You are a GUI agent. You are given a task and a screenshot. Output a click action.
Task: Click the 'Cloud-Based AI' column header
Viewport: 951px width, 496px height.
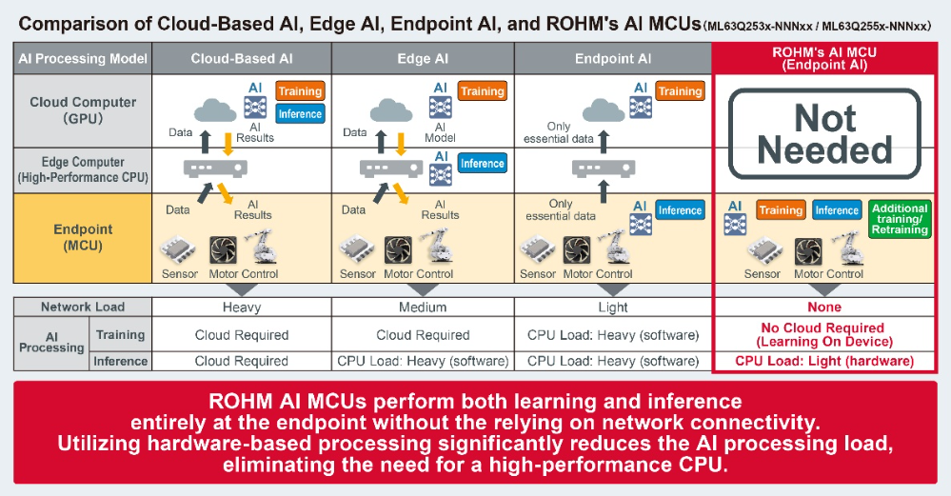point(242,59)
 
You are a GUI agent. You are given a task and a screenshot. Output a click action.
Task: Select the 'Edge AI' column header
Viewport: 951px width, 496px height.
point(423,59)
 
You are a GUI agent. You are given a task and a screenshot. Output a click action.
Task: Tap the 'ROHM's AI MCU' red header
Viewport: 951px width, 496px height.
point(825,59)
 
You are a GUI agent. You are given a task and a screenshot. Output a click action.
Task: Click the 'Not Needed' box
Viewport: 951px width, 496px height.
point(825,134)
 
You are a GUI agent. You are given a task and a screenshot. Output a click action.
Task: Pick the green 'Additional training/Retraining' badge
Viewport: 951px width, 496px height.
point(900,218)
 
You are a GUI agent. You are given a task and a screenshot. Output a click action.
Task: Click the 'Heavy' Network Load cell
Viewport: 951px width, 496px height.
point(242,308)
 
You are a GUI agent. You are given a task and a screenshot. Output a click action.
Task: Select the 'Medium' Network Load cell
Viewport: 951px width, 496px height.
point(423,308)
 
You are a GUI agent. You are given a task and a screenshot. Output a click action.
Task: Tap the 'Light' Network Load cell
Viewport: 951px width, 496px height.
point(613,308)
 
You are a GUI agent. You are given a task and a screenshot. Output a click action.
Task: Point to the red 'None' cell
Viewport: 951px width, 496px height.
point(825,308)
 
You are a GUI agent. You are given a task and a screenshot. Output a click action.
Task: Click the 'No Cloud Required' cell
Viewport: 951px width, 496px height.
point(825,334)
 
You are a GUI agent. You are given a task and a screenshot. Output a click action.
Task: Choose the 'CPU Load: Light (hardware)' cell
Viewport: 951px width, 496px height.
point(825,362)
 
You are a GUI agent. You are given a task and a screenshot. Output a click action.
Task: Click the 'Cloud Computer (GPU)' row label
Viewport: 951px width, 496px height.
point(83,109)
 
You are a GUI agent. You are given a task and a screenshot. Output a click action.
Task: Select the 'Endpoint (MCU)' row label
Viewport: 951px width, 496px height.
point(83,238)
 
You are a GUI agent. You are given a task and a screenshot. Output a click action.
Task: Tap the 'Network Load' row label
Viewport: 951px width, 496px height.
point(83,308)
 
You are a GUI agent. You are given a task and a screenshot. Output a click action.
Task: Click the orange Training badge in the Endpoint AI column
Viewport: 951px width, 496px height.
point(680,91)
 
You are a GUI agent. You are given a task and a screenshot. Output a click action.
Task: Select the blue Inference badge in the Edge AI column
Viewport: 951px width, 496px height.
point(482,164)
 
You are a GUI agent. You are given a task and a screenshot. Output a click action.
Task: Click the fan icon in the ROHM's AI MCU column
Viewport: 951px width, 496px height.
point(808,250)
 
